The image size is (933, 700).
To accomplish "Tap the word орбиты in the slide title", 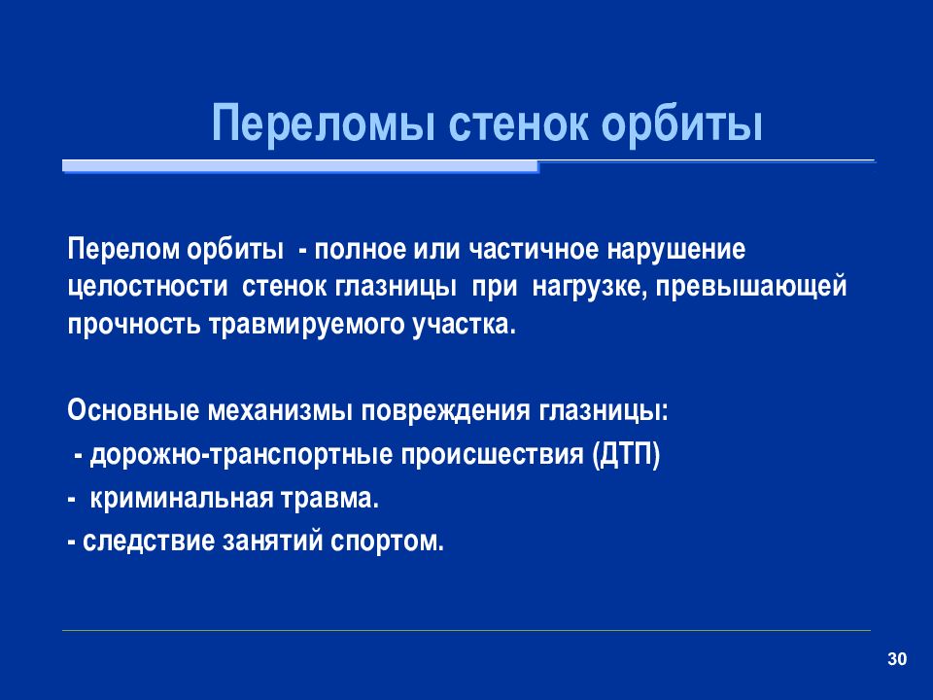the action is point(681,123).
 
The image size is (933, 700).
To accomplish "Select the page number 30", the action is point(897,659).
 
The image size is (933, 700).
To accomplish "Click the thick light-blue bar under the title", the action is point(300,166).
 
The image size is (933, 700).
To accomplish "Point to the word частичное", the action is point(534,250).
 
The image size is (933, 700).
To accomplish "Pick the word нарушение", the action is point(676,250).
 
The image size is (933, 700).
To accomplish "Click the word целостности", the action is point(148,288).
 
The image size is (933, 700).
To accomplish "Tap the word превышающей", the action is point(751,288).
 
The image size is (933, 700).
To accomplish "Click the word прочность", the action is point(134,326).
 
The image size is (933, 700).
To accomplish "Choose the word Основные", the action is point(133,410).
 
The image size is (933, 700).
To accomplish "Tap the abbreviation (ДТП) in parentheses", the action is point(626,455).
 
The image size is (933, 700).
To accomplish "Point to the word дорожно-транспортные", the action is point(242,455).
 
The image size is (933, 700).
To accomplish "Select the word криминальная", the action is point(182,498).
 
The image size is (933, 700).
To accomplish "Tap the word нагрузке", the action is point(590,288).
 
